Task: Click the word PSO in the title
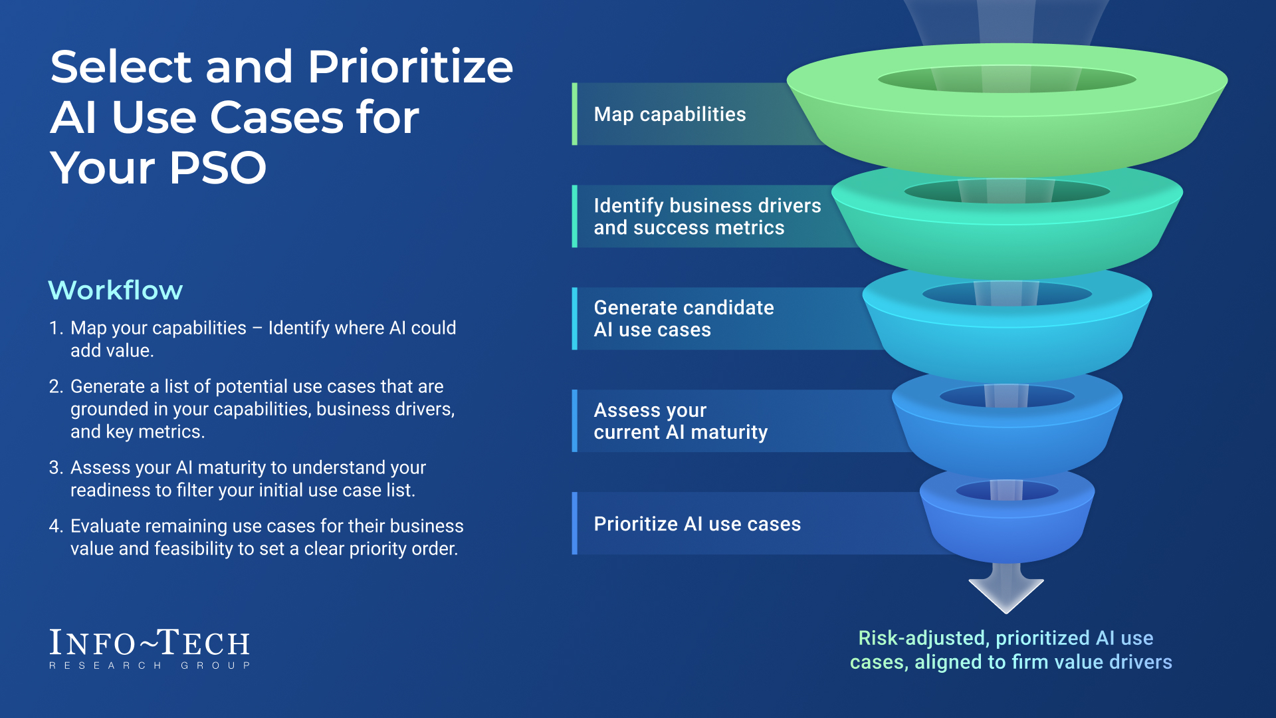coord(218,168)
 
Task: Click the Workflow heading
coord(116,291)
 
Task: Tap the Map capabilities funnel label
coord(670,114)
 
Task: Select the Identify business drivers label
coord(707,217)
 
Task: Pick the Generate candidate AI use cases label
coord(684,318)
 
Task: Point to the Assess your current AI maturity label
coord(681,421)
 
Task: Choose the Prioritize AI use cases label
coord(697,524)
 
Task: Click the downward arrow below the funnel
coord(1006,587)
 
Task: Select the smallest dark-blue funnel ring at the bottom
coord(1007,525)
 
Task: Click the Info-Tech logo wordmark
coord(150,643)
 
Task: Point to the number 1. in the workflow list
coord(56,328)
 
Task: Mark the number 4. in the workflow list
coord(56,527)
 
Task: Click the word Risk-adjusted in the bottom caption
coord(922,638)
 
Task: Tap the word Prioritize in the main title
coord(410,67)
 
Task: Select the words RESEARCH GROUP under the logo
coord(150,665)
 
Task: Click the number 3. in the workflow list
coord(56,468)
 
